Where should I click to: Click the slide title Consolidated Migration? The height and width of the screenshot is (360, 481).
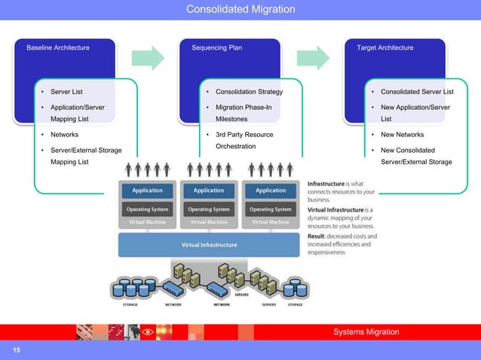click(240, 9)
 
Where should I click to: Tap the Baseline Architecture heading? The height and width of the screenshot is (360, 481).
click(58, 48)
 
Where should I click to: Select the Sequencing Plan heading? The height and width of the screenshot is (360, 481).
click(216, 48)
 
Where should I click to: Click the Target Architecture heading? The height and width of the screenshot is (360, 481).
click(384, 48)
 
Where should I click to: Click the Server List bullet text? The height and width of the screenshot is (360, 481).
click(66, 93)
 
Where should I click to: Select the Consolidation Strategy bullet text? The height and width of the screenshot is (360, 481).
click(249, 93)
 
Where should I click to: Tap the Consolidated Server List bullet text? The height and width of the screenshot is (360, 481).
click(417, 93)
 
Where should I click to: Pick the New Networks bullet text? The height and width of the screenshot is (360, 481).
click(402, 135)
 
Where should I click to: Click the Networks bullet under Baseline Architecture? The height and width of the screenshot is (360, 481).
click(66, 135)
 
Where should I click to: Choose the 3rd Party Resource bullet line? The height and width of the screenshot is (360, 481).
click(244, 135)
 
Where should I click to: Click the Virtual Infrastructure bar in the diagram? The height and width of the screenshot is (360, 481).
click(209, 245)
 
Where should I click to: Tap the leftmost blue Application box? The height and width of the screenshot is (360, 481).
click(147, 191)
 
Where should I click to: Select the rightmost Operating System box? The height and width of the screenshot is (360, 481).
click(271, 209)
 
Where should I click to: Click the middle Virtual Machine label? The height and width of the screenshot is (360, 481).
click(209, 222)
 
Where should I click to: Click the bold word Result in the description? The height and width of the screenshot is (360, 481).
click(320, 236)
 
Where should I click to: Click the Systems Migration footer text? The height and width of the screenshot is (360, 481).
click(366, 332)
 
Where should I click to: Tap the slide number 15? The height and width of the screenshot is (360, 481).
click(14, 351)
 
